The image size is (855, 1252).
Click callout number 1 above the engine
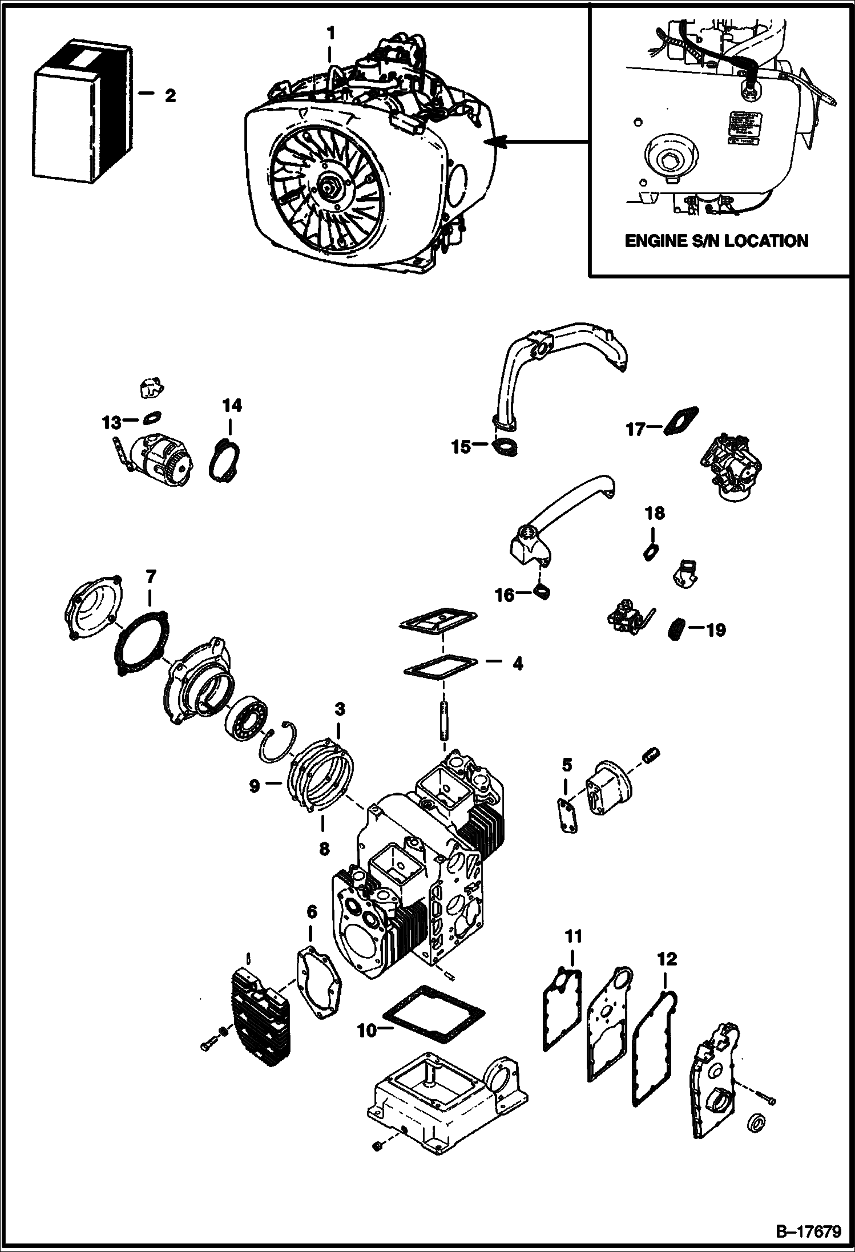point(330,34)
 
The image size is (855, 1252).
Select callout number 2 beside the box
point(170,96)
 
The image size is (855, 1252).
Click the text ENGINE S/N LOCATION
point(716,241)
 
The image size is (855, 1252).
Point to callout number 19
point(716,630)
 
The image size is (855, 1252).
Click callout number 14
point(232,406)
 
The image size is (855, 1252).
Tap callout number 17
point(635,429)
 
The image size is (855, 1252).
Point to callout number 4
point(517,664)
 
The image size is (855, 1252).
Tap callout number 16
point(505,595)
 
